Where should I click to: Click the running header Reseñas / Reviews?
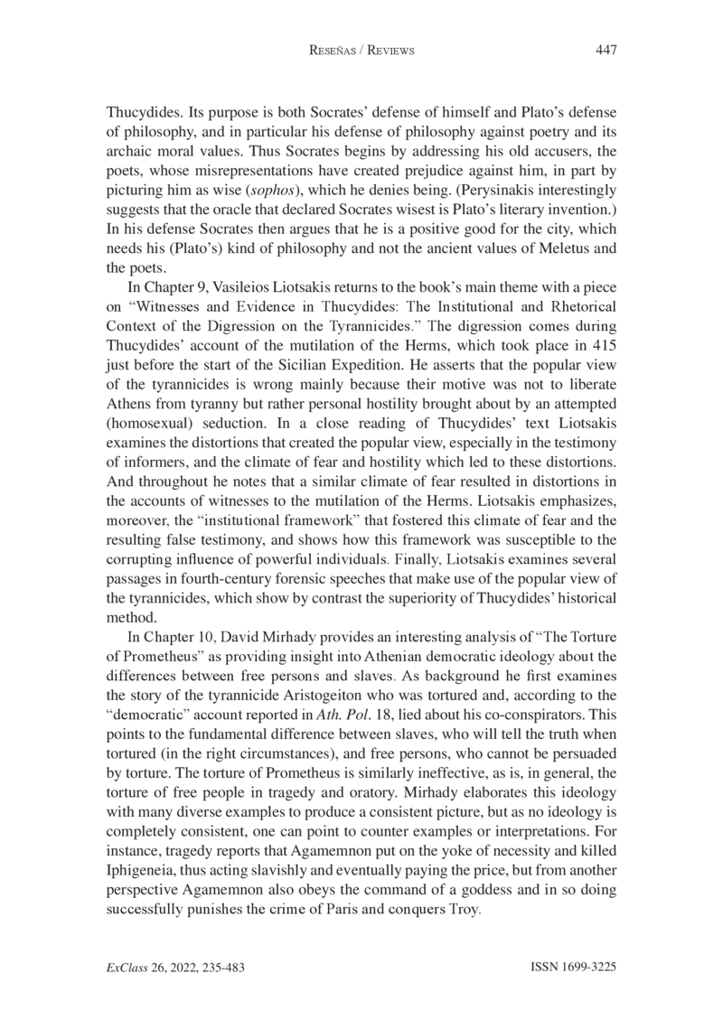click(361, 51)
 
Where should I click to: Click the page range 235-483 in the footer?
click(215, 968)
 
